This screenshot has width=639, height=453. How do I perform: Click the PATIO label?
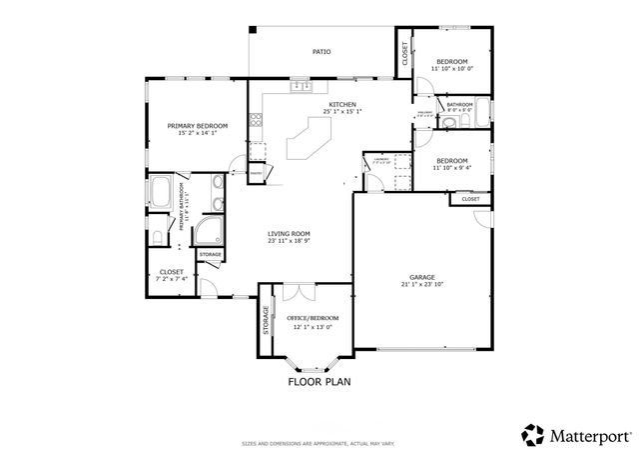[321, 51]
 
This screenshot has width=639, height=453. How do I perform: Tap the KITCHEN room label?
[342, 104]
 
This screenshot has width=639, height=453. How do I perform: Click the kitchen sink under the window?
[299, 88]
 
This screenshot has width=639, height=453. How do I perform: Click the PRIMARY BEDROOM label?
[197, 125]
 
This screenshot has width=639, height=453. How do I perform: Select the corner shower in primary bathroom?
[210, 233]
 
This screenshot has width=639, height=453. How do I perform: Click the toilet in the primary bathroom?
[157, 237]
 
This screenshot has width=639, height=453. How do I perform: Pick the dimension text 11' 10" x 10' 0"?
[453, 68]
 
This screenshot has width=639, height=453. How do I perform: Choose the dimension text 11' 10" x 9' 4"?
[453, 168]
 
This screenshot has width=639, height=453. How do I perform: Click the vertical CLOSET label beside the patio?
[405, 53]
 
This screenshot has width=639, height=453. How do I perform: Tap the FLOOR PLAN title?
[319, 381]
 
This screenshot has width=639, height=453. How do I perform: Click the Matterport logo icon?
[532, 434]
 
